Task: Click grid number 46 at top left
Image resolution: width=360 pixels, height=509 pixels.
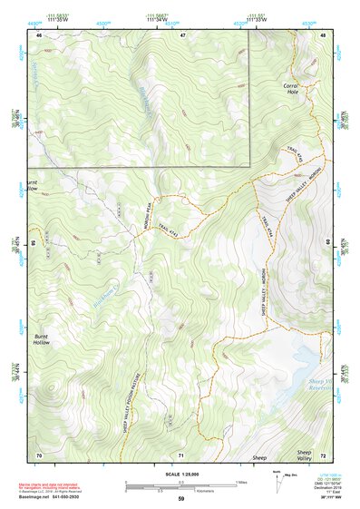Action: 39,34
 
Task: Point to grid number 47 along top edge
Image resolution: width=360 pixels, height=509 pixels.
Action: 182,34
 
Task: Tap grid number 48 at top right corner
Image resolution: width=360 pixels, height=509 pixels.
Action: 324,34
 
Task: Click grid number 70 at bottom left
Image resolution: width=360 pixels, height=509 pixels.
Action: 39,454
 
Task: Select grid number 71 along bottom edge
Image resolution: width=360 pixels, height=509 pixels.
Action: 182,454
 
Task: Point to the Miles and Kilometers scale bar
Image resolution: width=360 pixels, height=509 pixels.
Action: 181,485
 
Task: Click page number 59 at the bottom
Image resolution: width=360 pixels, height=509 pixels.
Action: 180,499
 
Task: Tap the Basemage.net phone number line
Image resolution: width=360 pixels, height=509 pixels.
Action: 45,498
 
